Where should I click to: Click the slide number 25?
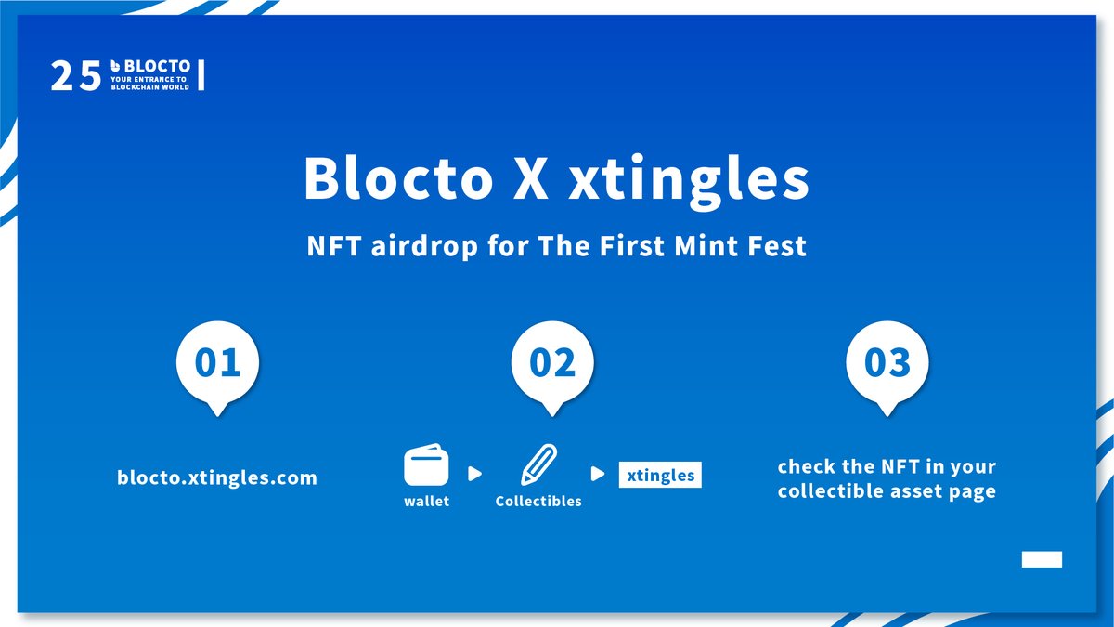click(x=75, y=75)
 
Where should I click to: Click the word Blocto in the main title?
click(x=398, y=177)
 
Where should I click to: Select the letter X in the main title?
click(x=531, y=178)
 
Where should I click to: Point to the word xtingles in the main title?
click(x=689, y=181)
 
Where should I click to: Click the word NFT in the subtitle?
click(x=333, y=246)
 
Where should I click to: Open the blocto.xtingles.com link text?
click(x=217, y=477)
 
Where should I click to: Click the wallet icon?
click(x=426, y=464)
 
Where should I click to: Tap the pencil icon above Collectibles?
click(x=538, y=464)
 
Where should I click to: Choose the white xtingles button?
click(x=660, y=475)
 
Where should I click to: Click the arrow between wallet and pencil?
click(x=475, y=474)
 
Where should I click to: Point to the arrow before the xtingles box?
click(x=598, y=474)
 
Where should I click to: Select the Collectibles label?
click(x=538, y=501)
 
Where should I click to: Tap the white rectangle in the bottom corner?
click(x=1042, y=559)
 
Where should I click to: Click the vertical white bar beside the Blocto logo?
click(x=201, y=75)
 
